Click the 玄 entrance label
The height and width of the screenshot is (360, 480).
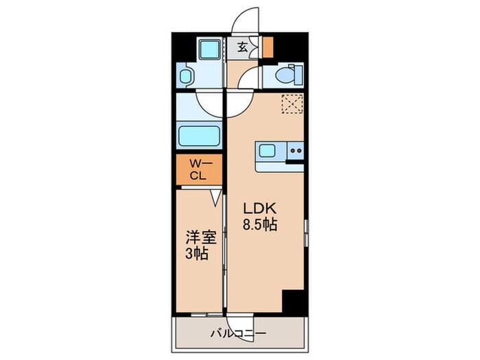243,47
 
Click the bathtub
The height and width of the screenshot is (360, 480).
199,135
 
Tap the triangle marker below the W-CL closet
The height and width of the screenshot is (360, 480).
215,197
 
